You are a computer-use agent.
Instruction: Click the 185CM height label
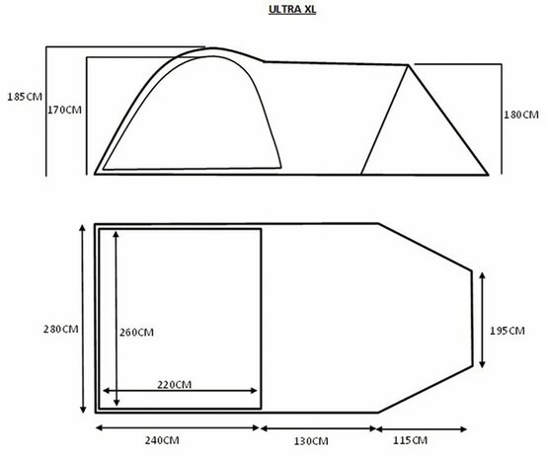click(x=22, y=99)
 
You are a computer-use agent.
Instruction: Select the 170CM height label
click(x=64, y=111)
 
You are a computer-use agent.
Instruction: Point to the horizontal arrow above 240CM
click(x=177, y=428)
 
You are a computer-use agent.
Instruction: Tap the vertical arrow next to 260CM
click(x=118, y=319)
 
